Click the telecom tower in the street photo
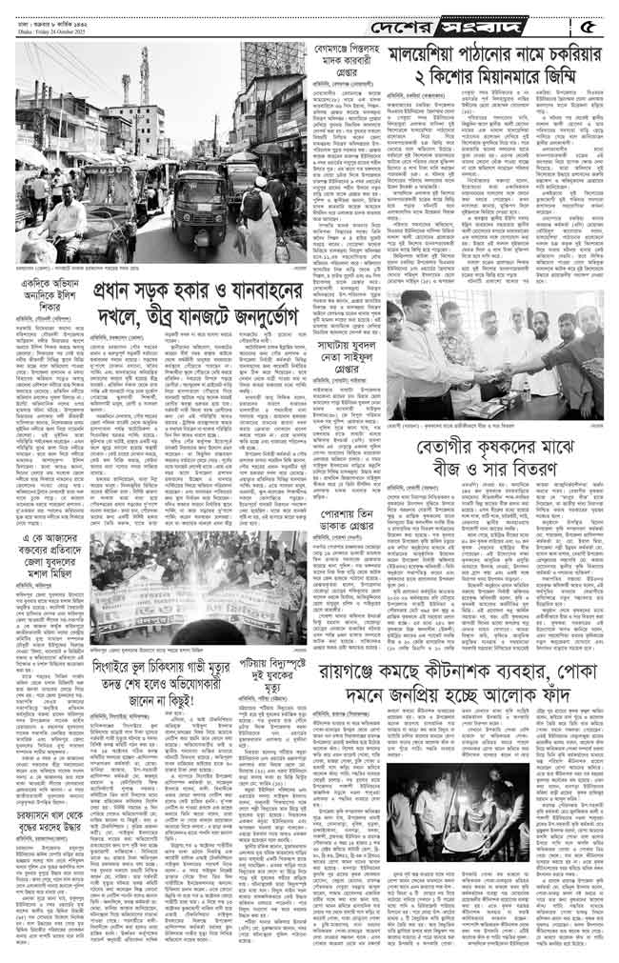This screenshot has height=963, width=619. point(146,71)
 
